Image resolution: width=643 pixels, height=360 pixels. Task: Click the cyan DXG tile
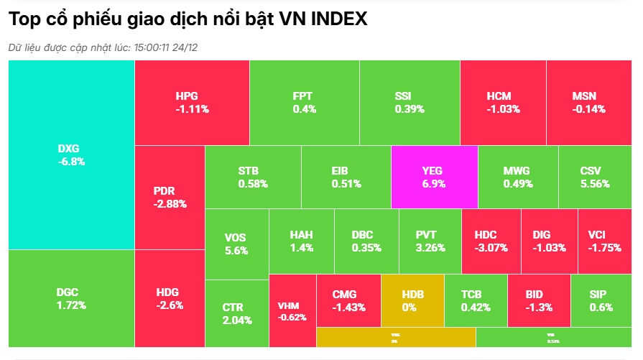pyautogui.click(x=71, y=155)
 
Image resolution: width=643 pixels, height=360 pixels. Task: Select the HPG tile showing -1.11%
pyautogui.click(x=192, y=103)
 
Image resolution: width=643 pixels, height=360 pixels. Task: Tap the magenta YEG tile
pyautogui.click(x=434, y=177)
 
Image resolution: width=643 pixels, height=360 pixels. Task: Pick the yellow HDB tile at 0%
pyautogui.click(x=412, y=300)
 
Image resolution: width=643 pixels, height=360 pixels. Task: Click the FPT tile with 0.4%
pyautogui.click(x=304, y=103)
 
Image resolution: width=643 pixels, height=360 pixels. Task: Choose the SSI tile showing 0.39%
pyautogui.click(x=410, y=103)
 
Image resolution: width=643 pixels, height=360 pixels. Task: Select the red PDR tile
pyautogui.click(x=170, y=197)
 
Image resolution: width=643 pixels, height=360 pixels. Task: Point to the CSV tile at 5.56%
pyautogui.click(x=594, y=177)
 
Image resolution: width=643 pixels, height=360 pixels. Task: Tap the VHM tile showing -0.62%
pyautogui.click(x=292, y=311)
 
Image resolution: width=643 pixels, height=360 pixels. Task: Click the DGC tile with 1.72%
pyautogui.click(x=71, y=298)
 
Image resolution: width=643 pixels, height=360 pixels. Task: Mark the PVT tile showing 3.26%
pyautogui.click(x=430, y=241)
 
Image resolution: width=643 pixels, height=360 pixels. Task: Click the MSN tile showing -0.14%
pyautogui.click(x=588, y=103)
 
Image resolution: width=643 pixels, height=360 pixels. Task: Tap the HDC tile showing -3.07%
pyautogui.click(x=491, y=241)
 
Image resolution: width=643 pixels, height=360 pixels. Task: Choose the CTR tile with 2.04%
pyautogui.click(x=236, y=313)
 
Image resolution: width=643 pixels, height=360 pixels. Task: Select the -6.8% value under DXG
pyautogui.click(x=71, y=162)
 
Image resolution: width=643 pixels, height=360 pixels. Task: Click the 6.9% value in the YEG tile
pyautogui.click(x=434, y=183)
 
